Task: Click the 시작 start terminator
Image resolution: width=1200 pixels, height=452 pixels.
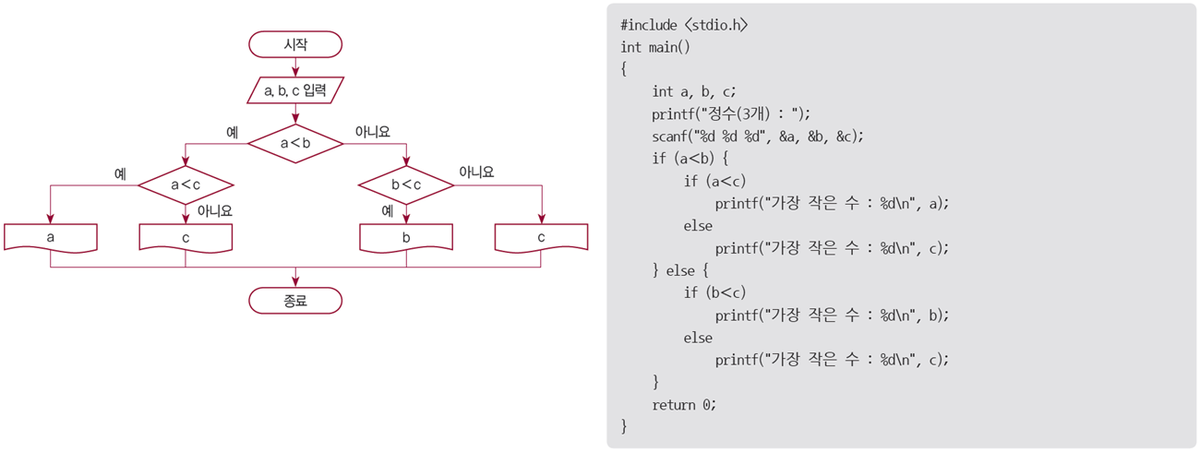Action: tap(295, 43)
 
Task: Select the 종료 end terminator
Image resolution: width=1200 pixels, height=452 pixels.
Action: tap(295, 300)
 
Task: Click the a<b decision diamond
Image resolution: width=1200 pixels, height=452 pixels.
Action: tap(295, 142)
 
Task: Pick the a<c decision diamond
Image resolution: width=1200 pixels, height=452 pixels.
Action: tap(186, 185)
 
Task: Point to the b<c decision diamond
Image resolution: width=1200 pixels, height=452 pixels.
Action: tap(406, 185)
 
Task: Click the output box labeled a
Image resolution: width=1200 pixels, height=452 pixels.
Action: tap(50, 237)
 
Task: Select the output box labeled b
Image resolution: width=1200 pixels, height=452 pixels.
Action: tap(406, 237)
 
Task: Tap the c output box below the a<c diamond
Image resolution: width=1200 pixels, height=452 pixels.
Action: tap(186, 237)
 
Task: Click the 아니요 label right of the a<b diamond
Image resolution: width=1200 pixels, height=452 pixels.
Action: tap(373, 132)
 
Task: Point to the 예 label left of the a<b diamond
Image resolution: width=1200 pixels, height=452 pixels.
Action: tap(233, 132)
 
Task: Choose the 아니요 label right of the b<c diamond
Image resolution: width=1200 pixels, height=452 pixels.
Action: tap(476, 172)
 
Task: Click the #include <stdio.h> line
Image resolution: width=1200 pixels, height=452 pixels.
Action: tap(684, 25)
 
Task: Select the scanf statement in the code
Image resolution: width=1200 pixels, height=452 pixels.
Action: tap(757, 137)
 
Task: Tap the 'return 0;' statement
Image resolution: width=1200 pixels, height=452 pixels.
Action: tap(684, 404)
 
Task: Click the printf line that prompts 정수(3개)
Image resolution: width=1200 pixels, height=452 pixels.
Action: tap(730, 114)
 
